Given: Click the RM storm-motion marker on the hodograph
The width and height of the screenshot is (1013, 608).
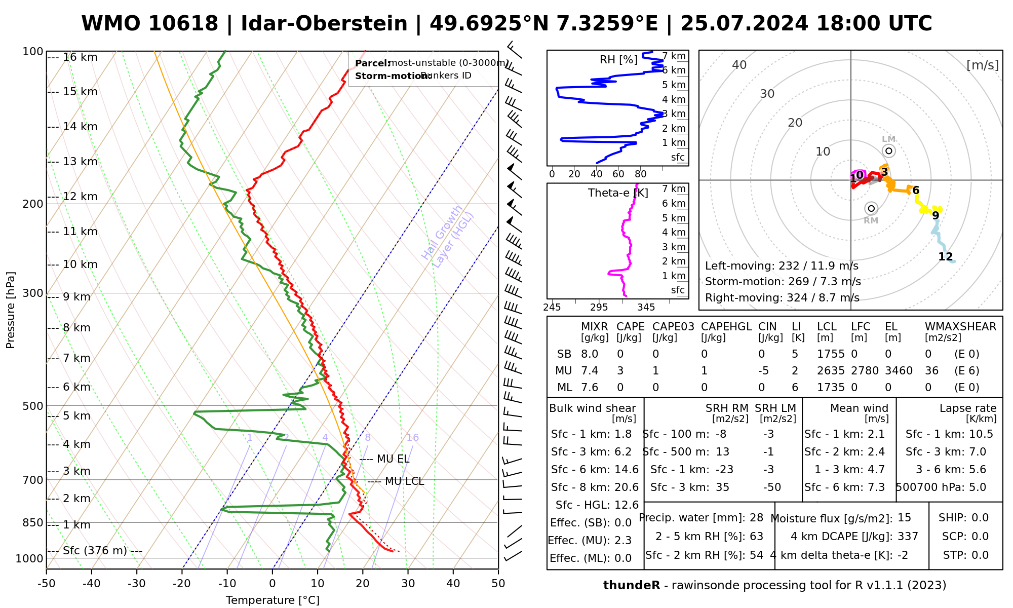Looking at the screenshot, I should click(871, 208).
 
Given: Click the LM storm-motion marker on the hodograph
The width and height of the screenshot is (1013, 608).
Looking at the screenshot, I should click(888, 150).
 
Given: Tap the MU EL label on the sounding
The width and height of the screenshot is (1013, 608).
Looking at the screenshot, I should click(393, 459).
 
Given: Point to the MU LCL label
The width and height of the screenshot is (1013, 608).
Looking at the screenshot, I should click(404, 481).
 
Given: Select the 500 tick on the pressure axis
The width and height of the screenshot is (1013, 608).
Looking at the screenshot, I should click(33, 406).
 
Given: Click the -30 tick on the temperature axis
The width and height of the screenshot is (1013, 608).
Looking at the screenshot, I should click(137, 584).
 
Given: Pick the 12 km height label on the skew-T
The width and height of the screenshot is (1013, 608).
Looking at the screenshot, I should click(80, 197).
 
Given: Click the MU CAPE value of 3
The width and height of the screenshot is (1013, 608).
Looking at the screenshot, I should click(620, 371).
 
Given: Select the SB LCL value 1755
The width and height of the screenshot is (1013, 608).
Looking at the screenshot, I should click(831, 354).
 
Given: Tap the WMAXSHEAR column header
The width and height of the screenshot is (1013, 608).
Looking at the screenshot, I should click(960, 327).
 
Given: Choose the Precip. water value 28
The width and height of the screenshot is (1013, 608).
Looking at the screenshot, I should click(756, 518).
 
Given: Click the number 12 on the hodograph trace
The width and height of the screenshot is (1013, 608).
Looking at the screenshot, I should click(945, 257).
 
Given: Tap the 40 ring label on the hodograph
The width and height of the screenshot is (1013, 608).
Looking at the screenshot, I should click(739, 65).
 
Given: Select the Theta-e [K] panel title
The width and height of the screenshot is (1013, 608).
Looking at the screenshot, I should click(618, 193).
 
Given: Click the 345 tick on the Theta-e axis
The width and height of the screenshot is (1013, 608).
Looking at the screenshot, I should click(646, 308).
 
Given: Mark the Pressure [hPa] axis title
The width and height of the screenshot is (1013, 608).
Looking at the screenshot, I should click(11, 310).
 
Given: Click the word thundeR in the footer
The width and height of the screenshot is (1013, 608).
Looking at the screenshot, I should click(631, 586).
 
